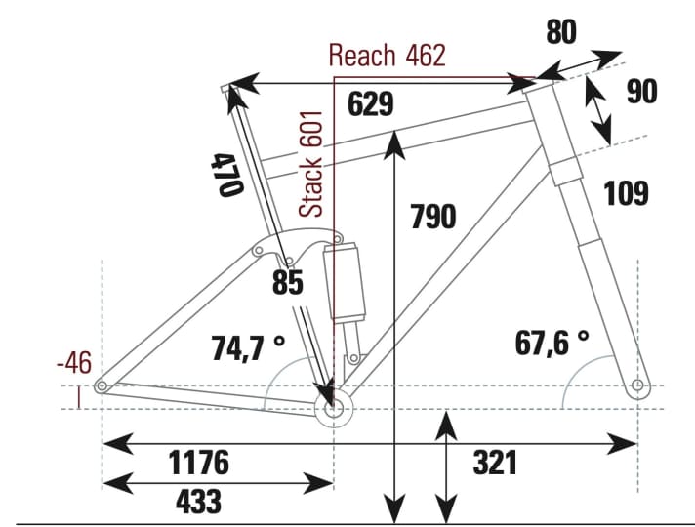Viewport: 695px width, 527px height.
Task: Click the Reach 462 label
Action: [x=387, y=56]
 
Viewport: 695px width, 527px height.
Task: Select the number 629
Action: [x=371, y=103]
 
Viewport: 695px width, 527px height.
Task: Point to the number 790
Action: [x=432, y=216]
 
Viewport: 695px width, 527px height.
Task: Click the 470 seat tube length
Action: [x=225, y=175]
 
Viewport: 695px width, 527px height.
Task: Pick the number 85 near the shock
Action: [x=288, y=283]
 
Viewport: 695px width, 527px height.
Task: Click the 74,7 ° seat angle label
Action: [x=248, y=346]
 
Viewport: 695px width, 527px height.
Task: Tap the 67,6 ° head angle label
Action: [x=552, y=342]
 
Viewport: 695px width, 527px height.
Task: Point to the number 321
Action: [x=495, y=463]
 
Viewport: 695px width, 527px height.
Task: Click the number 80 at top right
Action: [x=560, y=32]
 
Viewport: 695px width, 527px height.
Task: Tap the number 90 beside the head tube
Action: [x=641, y=92]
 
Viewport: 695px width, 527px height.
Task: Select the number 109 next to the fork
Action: [x=626, y=193]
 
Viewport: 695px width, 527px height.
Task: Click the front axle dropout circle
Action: [x=638, y=386]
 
